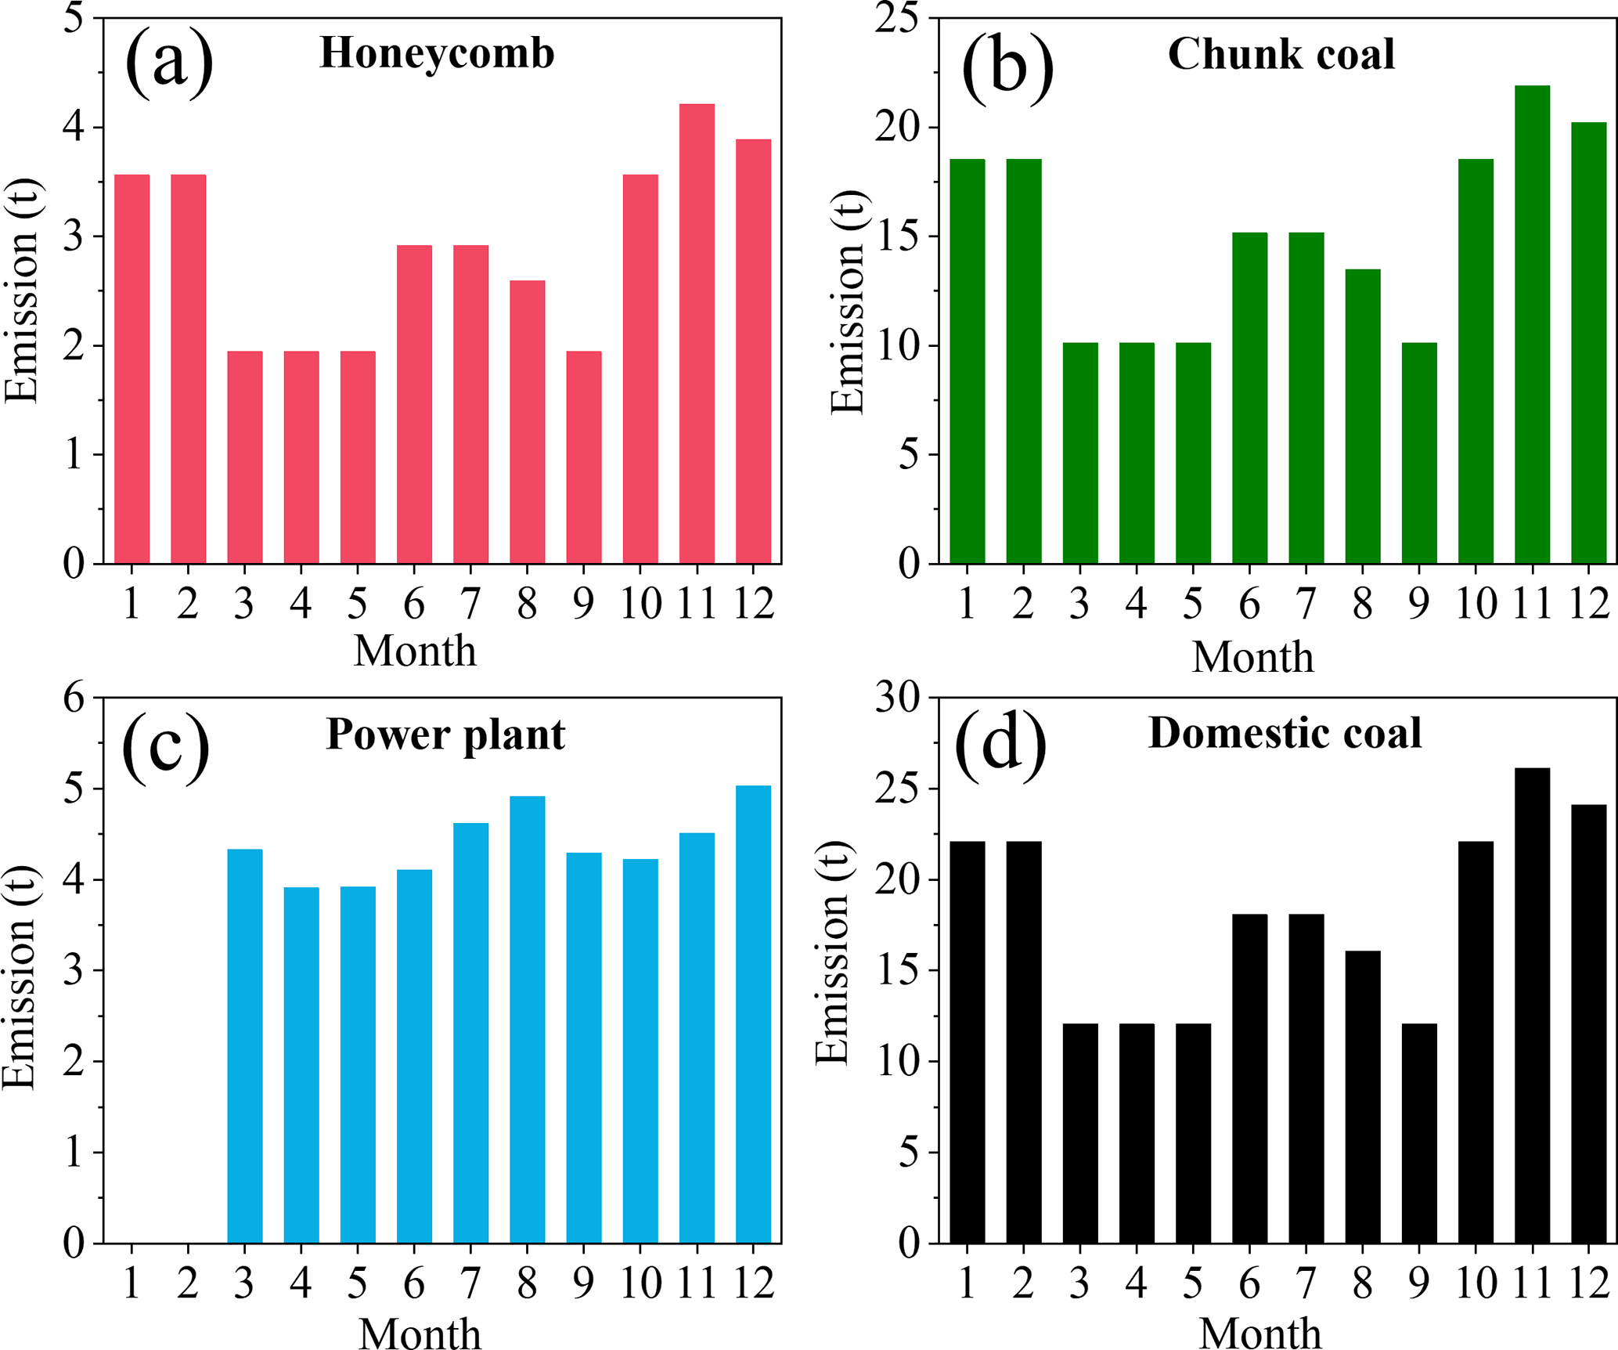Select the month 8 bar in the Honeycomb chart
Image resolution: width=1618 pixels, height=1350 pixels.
(527, 422)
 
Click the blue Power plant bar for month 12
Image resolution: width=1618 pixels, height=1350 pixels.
(753, 1014)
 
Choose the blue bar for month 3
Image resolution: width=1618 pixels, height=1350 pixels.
(245, 1046)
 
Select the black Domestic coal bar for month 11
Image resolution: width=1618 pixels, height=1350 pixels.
(1532, 1005)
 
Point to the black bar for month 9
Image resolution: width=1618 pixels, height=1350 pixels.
(1419, 1133)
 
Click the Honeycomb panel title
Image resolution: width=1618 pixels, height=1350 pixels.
(437, 53)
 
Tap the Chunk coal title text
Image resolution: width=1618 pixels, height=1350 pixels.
(1281, 54)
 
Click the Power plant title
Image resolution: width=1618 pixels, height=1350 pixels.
(445, 735)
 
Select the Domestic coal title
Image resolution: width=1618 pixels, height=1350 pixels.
(1285, 734)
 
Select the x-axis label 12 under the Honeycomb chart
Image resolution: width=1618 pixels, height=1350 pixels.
(753, 604)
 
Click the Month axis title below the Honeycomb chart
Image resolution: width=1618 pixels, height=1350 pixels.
(415, 652)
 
